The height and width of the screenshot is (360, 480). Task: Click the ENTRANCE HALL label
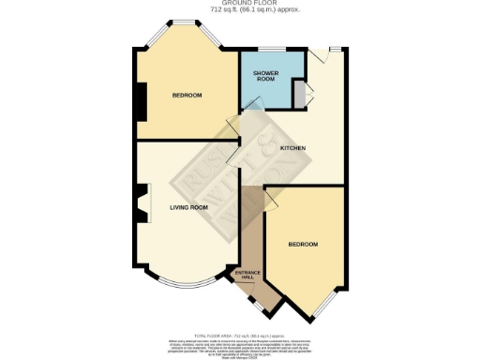point(245,275)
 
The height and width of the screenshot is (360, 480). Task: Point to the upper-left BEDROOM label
point(187,95)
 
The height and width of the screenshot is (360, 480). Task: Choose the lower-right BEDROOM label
point(303,245)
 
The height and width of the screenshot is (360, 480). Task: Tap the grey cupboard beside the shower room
point(299,95)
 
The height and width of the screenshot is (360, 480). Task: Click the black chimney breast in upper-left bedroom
point(141,101)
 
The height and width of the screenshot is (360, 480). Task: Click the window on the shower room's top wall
point(273,48)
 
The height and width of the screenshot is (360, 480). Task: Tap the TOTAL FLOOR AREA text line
point(239,332)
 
